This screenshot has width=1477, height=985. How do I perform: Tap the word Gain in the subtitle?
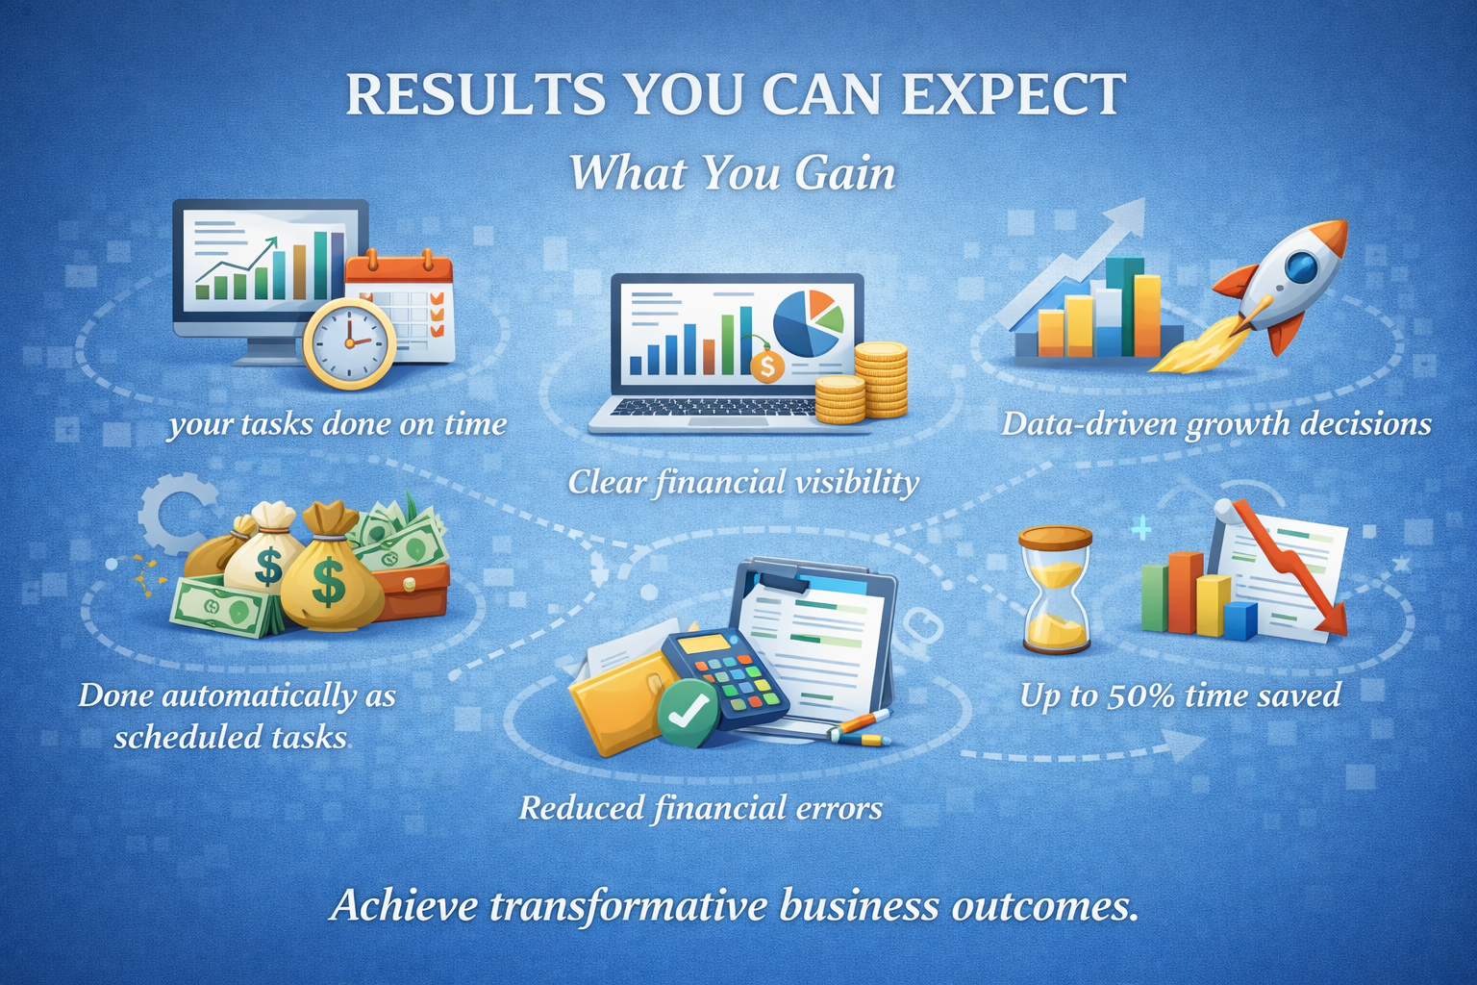click(x=845, y=173)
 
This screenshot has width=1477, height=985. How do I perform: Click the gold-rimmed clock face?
click(x=349, y=343)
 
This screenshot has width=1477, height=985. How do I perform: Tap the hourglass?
click(x=1055, y=589)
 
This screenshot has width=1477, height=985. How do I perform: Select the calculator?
click(x=724, y=679)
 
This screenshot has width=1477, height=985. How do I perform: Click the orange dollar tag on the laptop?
click(x=767, y=366)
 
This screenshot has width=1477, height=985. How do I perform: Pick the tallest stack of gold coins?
click(x=881, y=380)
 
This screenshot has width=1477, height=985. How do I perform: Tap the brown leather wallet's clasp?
click(x=410, y=584)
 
